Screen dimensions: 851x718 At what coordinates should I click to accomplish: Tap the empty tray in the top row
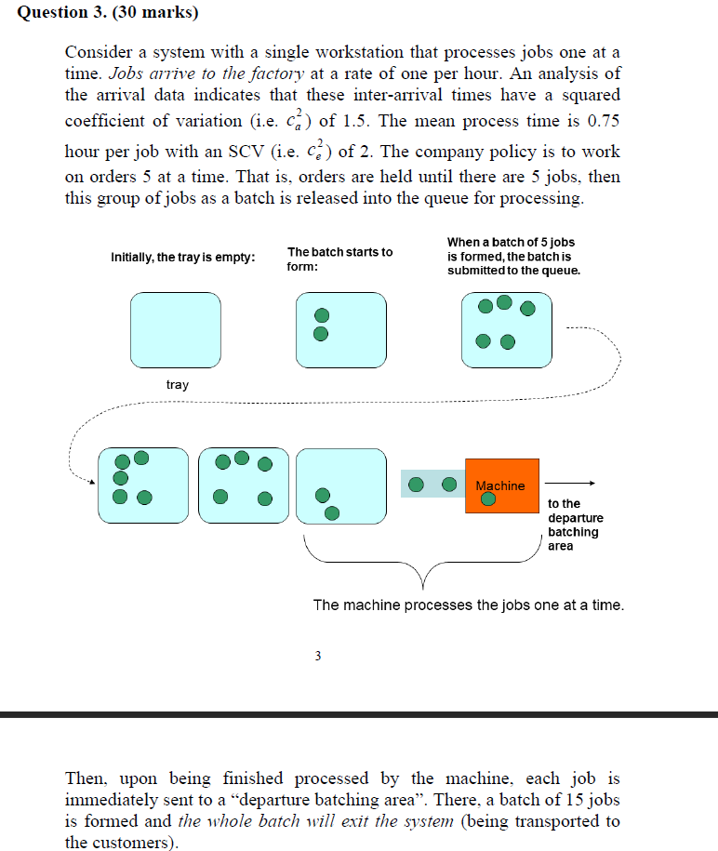coord(176,329)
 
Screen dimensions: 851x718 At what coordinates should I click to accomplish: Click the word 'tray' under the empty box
coord(178,384)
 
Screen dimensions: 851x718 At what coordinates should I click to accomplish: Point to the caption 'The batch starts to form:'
coord(339,259)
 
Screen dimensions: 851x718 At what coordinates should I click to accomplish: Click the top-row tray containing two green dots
coord(340,329)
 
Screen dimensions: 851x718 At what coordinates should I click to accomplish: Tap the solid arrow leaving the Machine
coord(569,483)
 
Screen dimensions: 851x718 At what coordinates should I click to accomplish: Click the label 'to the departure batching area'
coord(575,525)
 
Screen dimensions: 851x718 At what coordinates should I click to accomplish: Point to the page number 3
coord(317,656)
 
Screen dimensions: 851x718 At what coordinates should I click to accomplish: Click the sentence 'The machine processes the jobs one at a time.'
coord(468,605)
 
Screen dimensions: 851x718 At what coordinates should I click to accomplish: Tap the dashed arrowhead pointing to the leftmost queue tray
coord(90,482)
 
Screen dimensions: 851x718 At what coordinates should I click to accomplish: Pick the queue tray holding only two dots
coord(340,485)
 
